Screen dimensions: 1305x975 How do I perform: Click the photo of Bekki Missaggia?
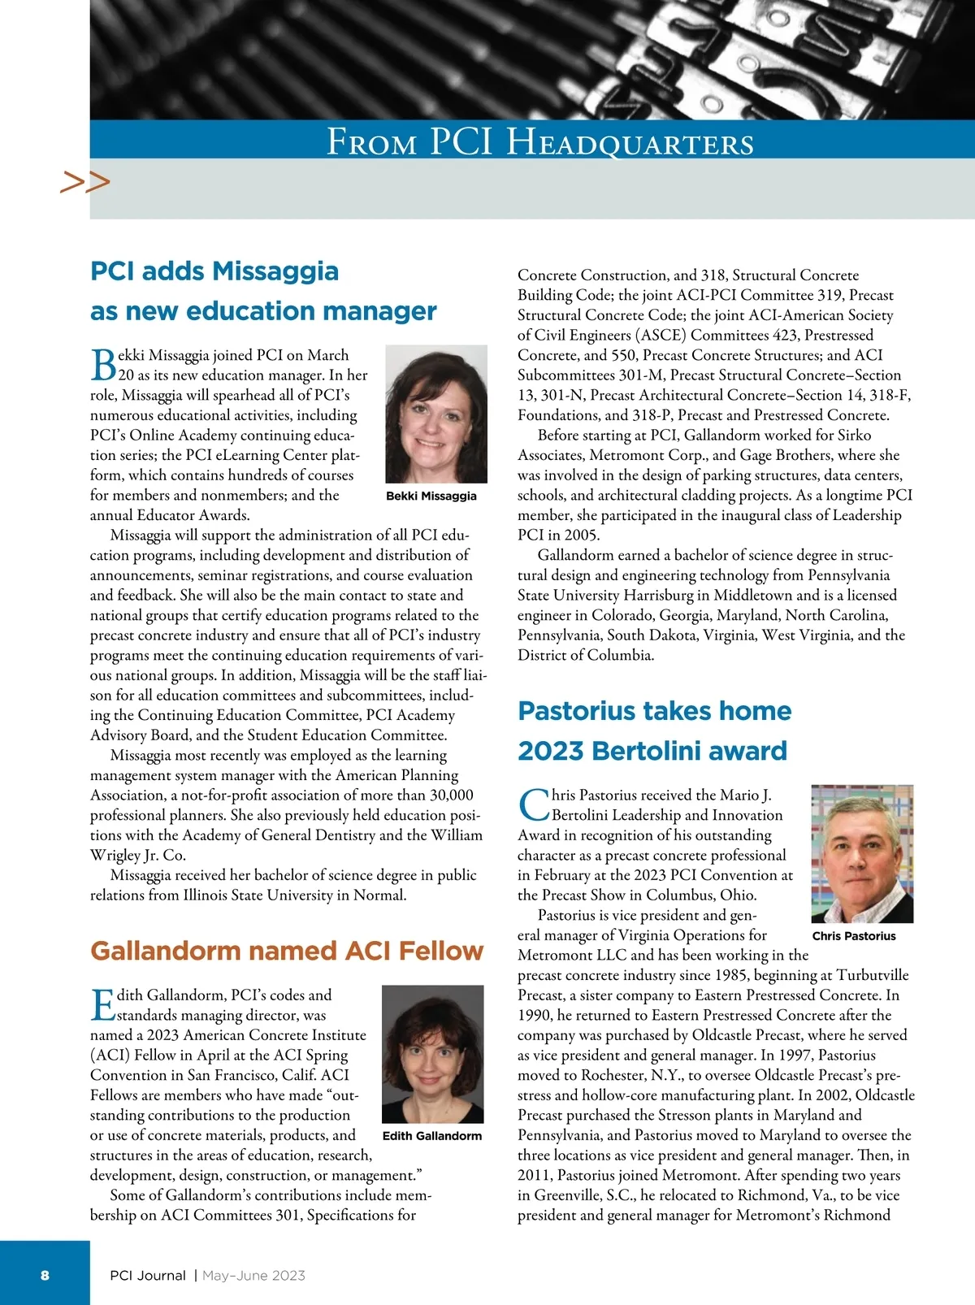(435, 414)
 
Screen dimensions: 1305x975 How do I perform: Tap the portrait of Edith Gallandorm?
(432, 1054)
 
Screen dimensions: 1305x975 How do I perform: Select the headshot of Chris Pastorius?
(862, 853)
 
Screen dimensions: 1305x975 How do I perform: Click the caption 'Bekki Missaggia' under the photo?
(431, 496)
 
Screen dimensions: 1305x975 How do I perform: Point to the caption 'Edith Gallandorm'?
(432, 1136)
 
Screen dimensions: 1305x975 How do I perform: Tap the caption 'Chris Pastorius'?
(854, 936)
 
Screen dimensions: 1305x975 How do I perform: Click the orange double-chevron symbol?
(84, 182)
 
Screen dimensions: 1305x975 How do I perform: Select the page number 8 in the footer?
(45, 1275)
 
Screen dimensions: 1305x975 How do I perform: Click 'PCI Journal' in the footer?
(148, 1276)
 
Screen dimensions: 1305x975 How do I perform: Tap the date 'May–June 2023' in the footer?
(253, 1276)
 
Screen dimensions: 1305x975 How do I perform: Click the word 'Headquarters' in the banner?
(630, 143)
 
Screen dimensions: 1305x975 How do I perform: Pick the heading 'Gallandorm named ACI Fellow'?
(287, 951)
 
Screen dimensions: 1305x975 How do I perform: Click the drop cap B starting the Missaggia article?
(102, 365)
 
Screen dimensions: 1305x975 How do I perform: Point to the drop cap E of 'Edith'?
(102, 1004)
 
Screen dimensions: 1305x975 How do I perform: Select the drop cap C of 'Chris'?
(534, 805)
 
